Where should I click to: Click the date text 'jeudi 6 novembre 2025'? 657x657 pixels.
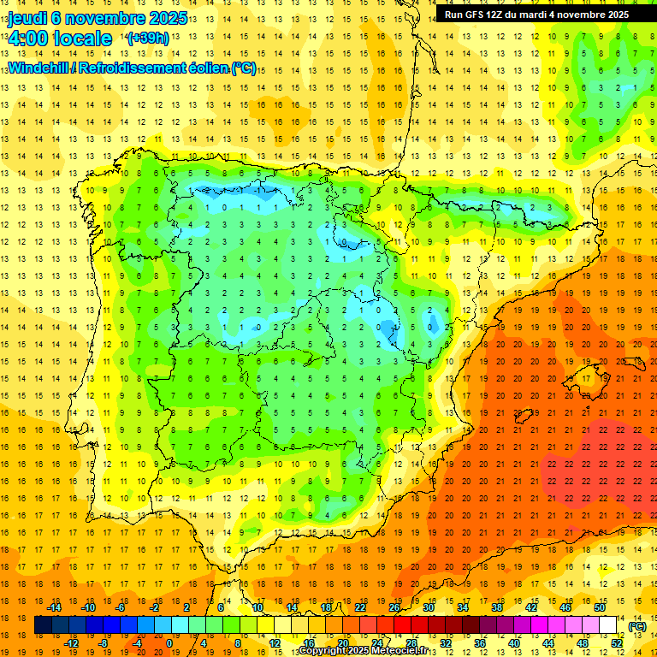point(89,19)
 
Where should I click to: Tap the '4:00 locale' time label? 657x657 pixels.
point(61,38)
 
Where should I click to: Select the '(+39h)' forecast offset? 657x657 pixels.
point(147,38)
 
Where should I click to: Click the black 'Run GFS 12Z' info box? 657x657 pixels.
point(536,14)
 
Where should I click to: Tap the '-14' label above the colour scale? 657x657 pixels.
point(56,607)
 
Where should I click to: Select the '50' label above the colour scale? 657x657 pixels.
point(599,607)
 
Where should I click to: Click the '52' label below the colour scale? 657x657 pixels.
point(616,643)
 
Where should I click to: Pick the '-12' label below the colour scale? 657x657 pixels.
point(73,643)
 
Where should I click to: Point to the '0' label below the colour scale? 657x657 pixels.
point(170,643)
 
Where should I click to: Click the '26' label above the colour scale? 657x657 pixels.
point(394,607)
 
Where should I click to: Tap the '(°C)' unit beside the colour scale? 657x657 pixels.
point(637,626)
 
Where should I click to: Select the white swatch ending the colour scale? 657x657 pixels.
point(607,625)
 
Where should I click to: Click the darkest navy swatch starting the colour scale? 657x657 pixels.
point(43,625)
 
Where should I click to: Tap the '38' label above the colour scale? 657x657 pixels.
point(497,607)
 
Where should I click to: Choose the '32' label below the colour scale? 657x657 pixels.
point(446,643)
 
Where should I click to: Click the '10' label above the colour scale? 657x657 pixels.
point(257,607)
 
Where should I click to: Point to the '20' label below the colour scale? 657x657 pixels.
point(342,643)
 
